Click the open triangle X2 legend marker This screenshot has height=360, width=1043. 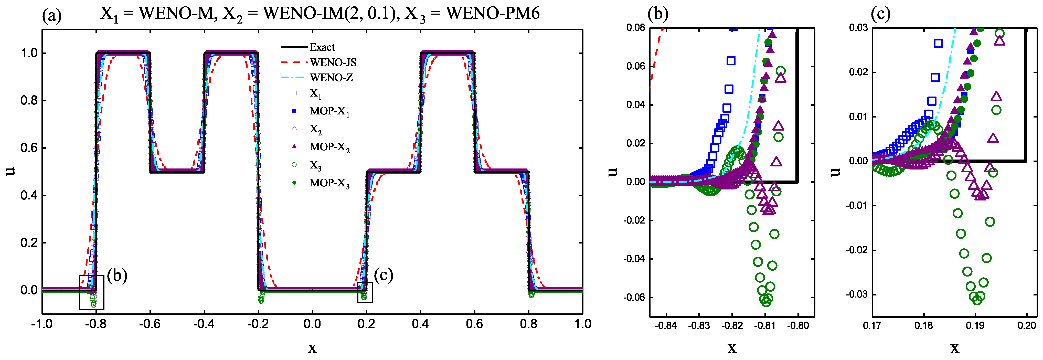coord(294,128)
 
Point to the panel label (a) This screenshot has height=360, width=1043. coord(52,16)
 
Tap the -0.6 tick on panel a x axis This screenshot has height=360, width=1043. coord(150,324)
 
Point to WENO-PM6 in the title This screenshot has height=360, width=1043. coord(493,13)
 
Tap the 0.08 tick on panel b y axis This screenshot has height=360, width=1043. coord(636,28)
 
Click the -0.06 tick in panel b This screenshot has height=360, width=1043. coord(634,298)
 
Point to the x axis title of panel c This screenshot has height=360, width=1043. coord(954,347)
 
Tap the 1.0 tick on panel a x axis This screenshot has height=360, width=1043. coord(583,324)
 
